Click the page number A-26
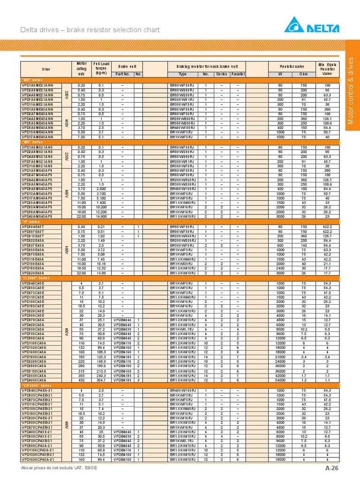tap(331, 468)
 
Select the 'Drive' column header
tap(45, 69)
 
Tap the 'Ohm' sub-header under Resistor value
tap(303, 74)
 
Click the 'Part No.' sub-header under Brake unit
tap(122, 74)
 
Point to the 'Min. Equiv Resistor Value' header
tap(328, 69)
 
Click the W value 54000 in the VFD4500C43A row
tap(280, 380)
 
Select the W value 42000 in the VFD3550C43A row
tap(280, 375)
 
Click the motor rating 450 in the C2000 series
tap(82, 380)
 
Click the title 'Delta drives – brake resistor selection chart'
tap(90, 30)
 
